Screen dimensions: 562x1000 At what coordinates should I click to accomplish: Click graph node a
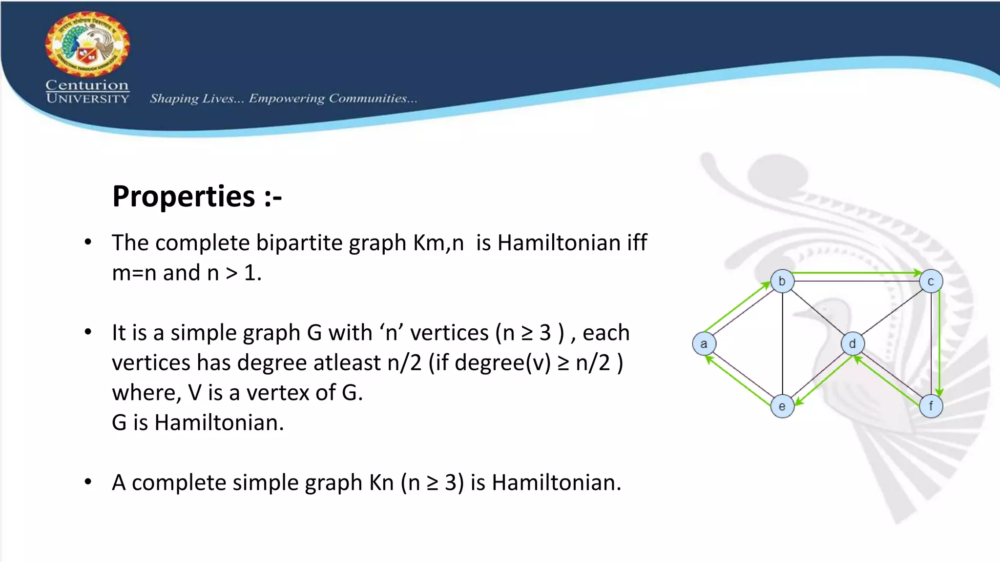[704, 343]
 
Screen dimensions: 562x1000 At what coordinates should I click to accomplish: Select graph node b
[782, 281]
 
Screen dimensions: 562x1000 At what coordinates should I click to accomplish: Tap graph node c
[931, 281]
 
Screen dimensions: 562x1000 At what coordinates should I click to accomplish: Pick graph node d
[853, 343]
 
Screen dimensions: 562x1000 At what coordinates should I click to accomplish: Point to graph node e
[782, 406]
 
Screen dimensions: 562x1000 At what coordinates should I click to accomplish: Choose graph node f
[931, 406]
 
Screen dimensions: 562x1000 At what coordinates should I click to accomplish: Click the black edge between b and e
[782, 343]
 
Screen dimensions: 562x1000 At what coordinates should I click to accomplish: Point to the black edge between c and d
[892, 312]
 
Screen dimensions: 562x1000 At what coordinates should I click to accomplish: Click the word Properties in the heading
[184, 196]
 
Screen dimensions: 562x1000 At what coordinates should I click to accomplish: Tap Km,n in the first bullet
[438, 243]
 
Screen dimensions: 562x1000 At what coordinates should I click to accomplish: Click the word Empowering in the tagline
[287, 99]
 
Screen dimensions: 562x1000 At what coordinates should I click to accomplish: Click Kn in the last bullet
[381, 483]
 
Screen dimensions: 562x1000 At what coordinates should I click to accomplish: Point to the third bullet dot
[88, 482]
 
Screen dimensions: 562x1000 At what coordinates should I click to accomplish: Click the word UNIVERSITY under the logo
[87, 99]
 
